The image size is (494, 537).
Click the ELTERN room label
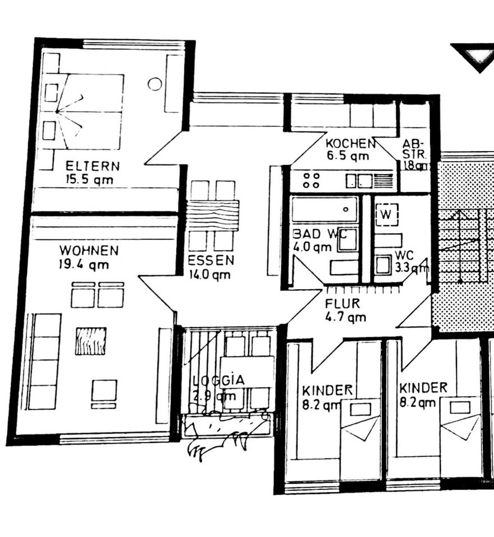(92, 166)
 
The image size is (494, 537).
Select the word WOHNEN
(89, 250)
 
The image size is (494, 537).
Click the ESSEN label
(211, 260)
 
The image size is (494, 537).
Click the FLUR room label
(342, 304)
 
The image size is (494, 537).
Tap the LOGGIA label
(219, 380)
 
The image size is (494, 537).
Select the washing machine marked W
(386, 214)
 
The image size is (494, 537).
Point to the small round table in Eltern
(155, 84)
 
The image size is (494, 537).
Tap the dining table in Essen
(212, 215)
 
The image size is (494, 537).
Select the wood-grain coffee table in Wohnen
(91, 341)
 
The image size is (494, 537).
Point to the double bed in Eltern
(90, 111)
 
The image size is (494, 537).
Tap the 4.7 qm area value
(346, 317)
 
